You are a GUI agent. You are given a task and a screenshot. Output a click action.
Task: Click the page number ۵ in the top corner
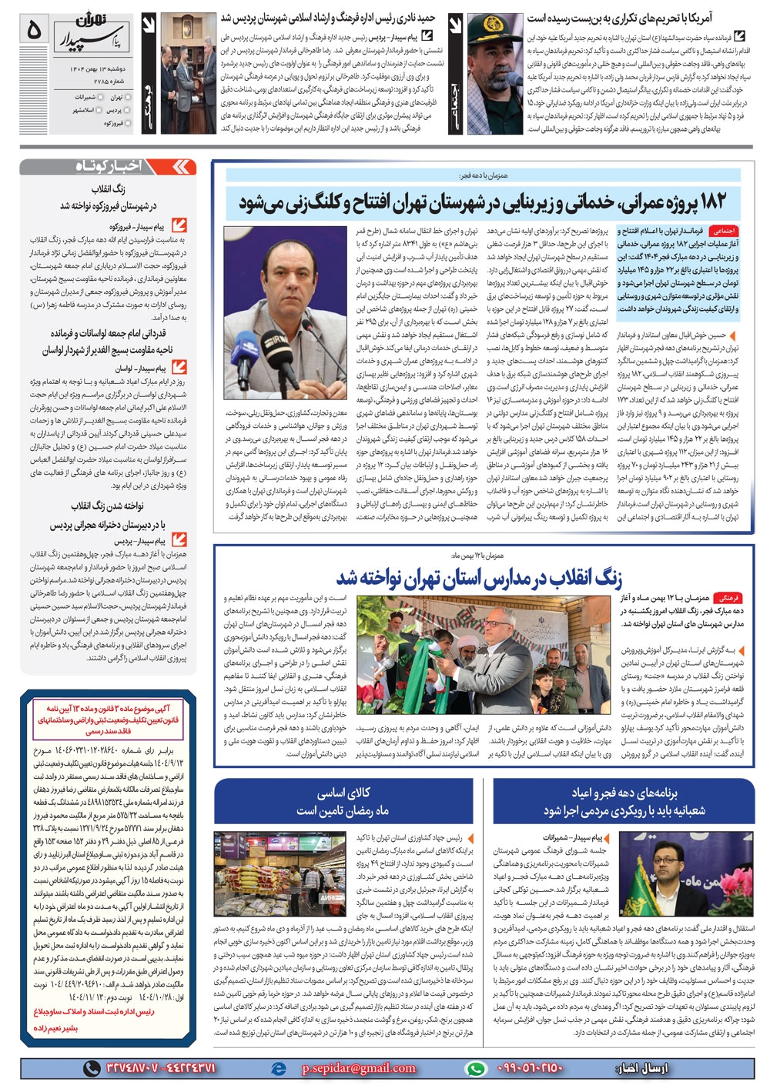coord(33,31)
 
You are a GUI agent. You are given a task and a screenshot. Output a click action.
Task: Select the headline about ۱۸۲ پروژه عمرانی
coord(482,202)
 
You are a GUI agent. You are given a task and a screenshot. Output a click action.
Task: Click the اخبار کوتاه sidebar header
coord(109,167)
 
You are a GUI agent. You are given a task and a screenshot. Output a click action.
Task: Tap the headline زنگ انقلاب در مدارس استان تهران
coord(478,577)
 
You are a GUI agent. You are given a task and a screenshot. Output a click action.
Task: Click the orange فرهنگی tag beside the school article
coord(726,597)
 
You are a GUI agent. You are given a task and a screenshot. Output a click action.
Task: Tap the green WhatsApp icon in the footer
coord(477,1068)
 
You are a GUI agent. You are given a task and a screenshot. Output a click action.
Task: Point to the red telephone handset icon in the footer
coord(92,1068)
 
